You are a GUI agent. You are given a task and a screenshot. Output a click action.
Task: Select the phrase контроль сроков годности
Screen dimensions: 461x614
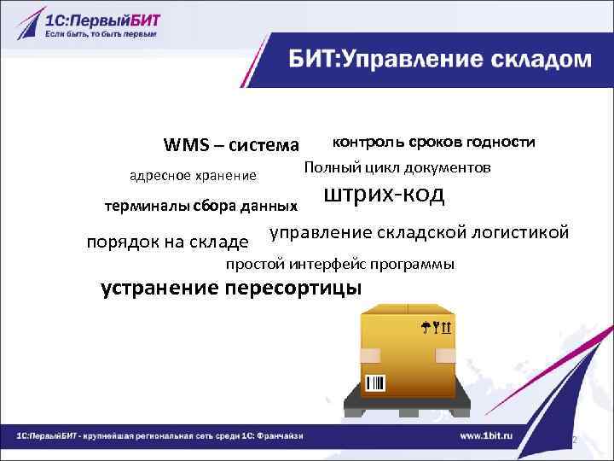pyautogui.click(x=433, y=141)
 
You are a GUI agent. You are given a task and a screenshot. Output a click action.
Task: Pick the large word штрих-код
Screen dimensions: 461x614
pyautogui.click(x=385, y=195)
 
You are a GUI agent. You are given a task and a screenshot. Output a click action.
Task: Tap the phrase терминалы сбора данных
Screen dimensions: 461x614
pyautogui.click(x=200, y=206)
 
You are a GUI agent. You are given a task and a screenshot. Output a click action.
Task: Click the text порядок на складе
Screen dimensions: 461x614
pyautogui.click(x=168, y=242)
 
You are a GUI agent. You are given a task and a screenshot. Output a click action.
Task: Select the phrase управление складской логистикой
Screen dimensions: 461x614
pyautogui.click(x=419, y=233)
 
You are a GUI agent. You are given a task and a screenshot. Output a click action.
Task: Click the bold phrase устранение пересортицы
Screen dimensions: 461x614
pyautogui.click(x=231, y=287)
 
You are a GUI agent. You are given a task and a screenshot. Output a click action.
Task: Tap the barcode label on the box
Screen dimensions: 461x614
pyautogui.click(x=375, y=382)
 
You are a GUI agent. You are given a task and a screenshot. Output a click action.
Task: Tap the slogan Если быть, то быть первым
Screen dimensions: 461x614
pyautogui.click(x=101, y=35)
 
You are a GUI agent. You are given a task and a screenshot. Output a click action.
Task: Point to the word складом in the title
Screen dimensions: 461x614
pyautogui.click(x=543, y=61)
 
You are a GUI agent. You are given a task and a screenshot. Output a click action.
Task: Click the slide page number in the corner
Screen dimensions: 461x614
pyautogui.click(x=575, y=440)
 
